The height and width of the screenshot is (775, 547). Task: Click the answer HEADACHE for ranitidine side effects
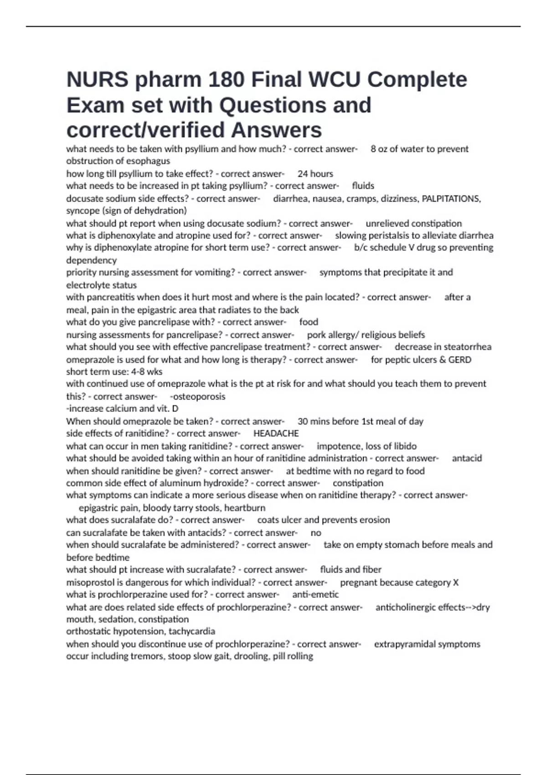click(276, 434)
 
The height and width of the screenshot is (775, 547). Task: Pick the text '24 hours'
click(315, 174)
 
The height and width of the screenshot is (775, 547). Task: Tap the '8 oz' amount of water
click(379, 149)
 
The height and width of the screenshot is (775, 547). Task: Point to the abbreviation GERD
click(459, 360)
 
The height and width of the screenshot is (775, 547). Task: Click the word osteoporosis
click(199, 397)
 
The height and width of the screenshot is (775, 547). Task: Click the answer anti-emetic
click(315, 594)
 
